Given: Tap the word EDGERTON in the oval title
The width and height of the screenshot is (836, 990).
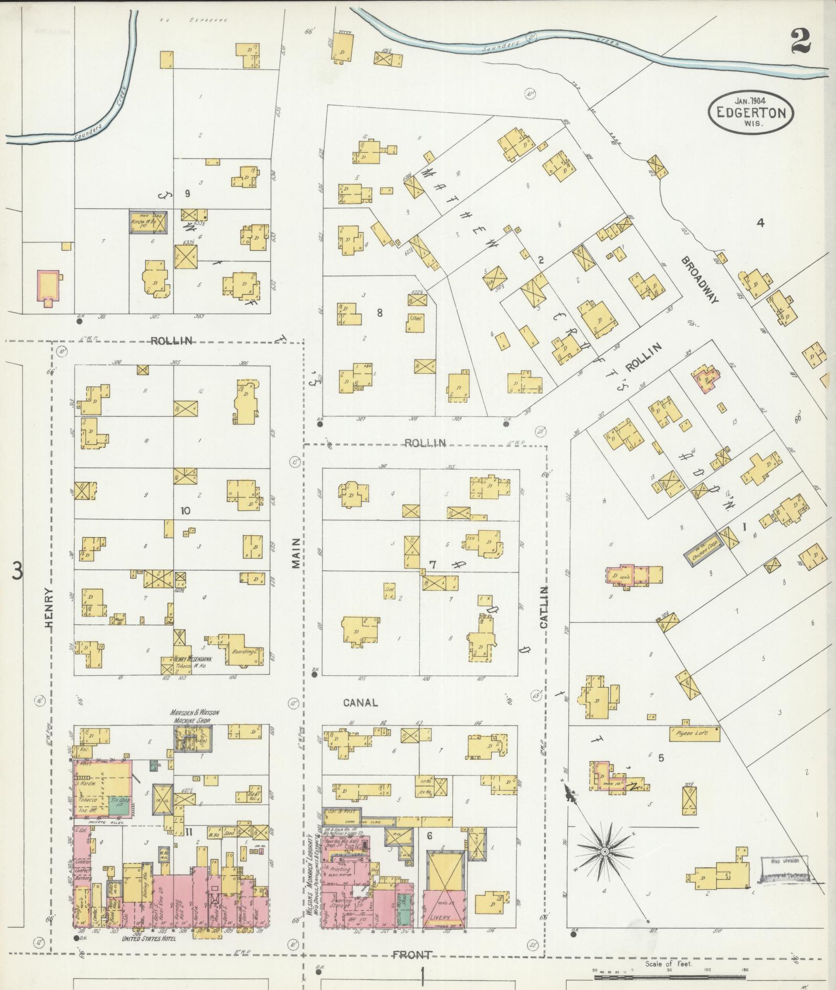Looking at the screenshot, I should [750, 112].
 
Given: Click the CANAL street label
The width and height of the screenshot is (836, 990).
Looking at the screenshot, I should [360, 702].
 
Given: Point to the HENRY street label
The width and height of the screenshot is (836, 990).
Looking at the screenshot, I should [49, 607].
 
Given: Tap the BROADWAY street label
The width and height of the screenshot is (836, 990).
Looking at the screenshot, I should [700, 280].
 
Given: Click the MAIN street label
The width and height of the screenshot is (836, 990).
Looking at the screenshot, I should [297, 552].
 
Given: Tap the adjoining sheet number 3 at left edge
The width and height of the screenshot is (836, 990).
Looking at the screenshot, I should [17, 571].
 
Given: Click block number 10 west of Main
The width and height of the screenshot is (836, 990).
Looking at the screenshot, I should [185, 510].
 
